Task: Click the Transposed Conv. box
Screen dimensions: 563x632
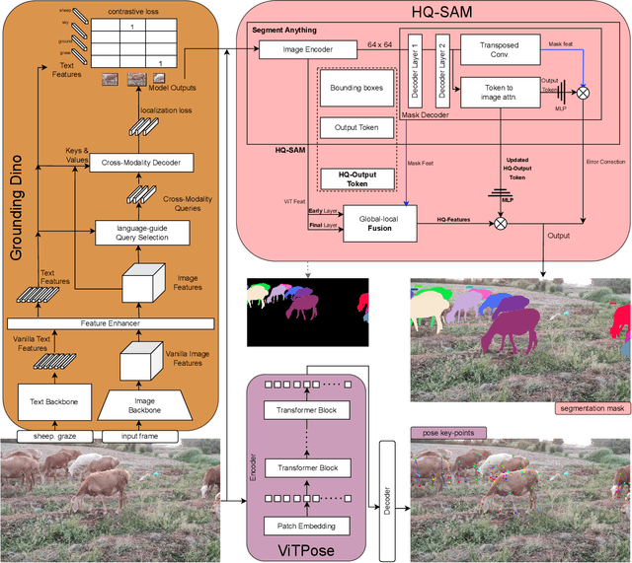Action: pyautogui.click(x=499, y=51)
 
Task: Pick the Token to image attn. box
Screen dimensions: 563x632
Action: pyautogui.click(x=499, y=93)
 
